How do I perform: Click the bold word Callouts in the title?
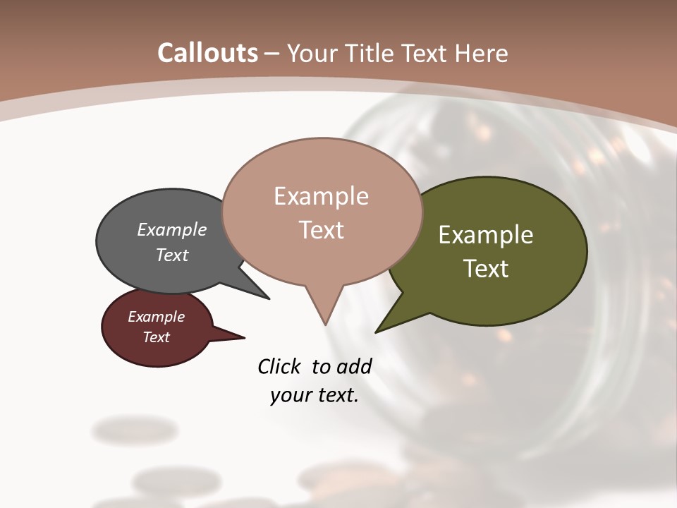[208, 54]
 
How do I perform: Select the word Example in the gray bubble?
[172, 230]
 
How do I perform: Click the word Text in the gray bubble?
[172, 255]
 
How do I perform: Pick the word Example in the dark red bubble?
[156, 317]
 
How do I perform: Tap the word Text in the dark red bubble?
[156, 337]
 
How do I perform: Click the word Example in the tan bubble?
[321, 196]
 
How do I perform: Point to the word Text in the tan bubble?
[321, 230]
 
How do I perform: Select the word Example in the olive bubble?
[486, 235]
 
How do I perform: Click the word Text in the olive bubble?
[486, 268]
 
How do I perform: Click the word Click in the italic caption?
[280, 366]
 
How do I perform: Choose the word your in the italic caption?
[291, 395]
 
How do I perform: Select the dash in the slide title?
[272, 54]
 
